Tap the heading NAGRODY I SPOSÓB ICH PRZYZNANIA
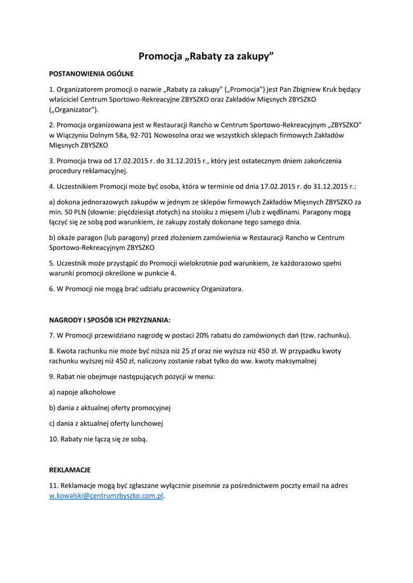point(110,320)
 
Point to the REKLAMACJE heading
point(70,470)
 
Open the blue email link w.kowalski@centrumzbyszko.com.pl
point(107,496)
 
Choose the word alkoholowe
point(96,392)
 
